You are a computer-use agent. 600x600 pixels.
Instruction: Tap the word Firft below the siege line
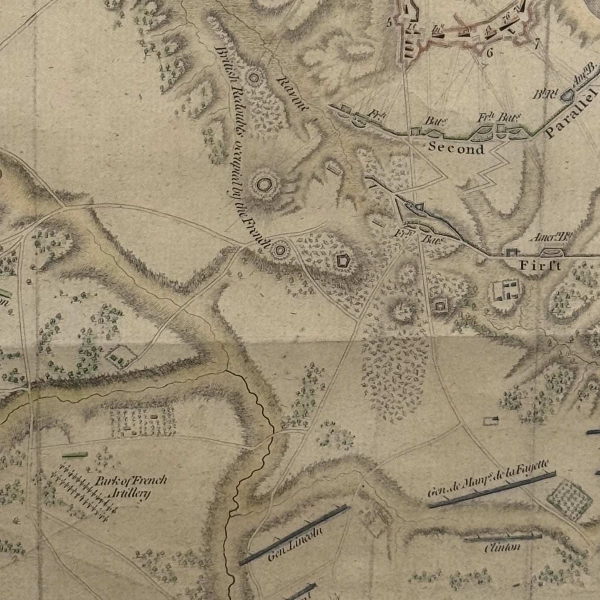pos(540,265)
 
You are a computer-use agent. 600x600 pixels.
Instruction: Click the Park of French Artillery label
pos(130,486)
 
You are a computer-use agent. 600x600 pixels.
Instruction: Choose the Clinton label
pos(502,548)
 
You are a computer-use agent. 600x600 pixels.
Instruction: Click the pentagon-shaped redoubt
pos(343,261)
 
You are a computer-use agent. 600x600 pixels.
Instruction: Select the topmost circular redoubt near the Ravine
pos(253,77)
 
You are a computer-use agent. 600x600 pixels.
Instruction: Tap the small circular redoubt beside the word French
pos(279,250)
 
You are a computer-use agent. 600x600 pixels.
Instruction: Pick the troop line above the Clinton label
pos(502,537)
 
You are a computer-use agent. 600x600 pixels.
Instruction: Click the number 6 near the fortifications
pos(489,53)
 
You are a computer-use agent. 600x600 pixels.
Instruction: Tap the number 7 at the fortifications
pos(536,43)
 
